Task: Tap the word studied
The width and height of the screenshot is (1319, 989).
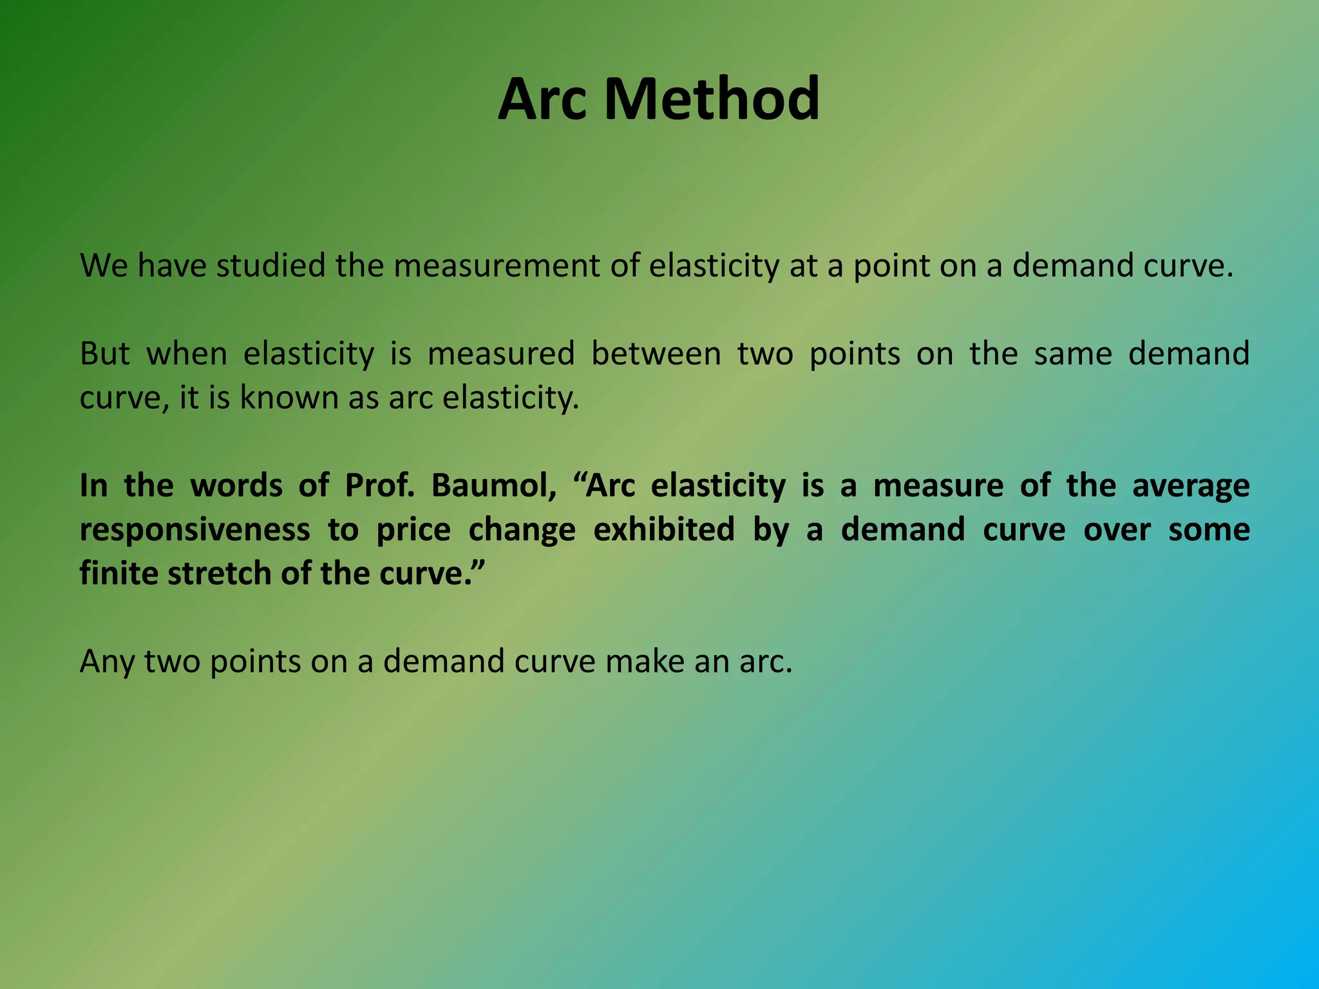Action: click(271, 266)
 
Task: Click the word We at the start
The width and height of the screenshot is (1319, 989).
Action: click(104, 266)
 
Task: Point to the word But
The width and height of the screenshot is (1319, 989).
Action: click(105, 353)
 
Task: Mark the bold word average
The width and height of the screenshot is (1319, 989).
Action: click(1191, 485)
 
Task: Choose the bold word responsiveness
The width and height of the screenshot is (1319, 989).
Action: click(195, 530)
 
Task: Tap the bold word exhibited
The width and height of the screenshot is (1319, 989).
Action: click(663, 529)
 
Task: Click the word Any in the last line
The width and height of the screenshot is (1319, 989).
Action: click(106, 662)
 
